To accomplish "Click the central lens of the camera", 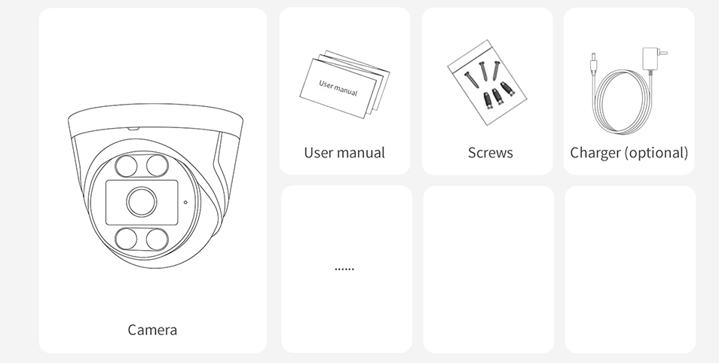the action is [142, 202].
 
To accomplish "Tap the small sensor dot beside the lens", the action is [185, 202].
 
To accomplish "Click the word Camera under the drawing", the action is [152, 330].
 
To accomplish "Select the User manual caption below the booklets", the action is [344, 153].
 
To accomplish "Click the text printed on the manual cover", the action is [338, 87].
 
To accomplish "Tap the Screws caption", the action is [490, 153].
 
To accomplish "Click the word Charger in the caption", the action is [595, 153].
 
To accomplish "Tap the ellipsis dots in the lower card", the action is [344, 269].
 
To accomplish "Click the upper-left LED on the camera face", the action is [126, 166].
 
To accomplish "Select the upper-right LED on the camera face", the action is [158, 166].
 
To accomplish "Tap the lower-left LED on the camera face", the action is [126, 239].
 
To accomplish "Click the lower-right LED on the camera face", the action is [158, 239].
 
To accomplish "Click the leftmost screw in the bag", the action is [471, 80].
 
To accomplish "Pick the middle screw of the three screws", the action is [484, 72].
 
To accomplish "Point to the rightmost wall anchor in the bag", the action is [507, 88].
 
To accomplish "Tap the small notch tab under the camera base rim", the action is [133, 129].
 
